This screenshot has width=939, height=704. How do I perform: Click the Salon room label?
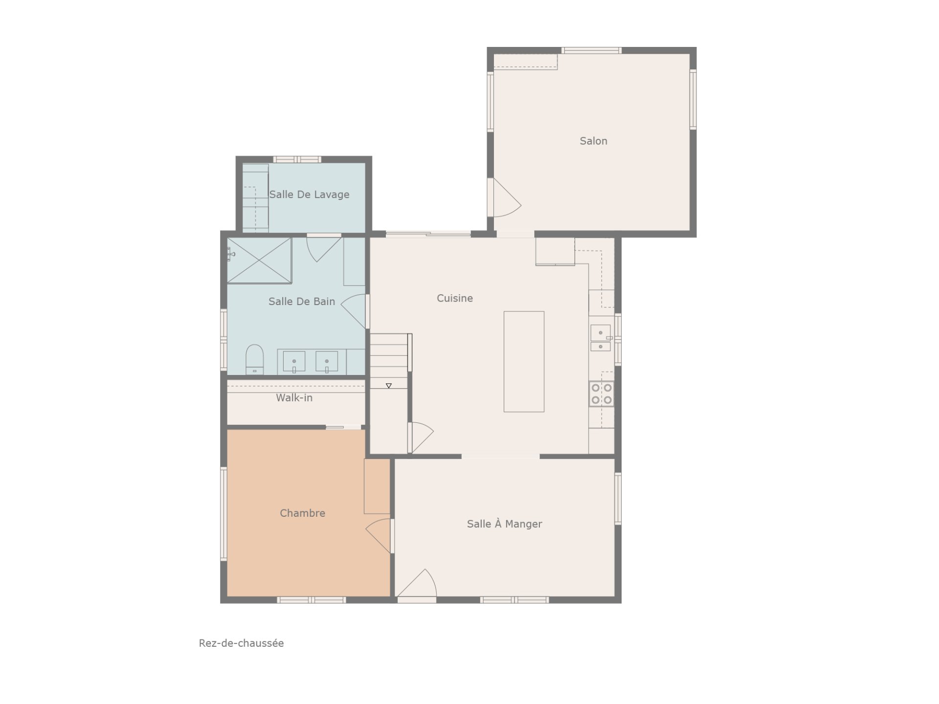click(x=593, y=141)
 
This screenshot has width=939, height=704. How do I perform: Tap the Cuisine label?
click(x=455, y=298)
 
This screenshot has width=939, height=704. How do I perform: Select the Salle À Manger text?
click(x=504, y=524)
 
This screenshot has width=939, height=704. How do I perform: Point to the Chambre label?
click(x=302, y=513)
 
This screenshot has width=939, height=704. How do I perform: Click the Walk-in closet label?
click(x=294, y=398)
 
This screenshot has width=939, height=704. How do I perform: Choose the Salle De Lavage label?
click(x=309, y=195)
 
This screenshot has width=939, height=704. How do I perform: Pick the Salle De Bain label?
click(x=302, y=302)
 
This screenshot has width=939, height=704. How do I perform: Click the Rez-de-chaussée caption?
click(x=241, y=643)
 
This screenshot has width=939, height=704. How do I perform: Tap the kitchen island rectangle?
click(x=524, y=362)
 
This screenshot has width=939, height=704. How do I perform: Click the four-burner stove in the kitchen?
click(x=602, y=394)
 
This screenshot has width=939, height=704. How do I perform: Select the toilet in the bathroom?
click(x=254, y=360)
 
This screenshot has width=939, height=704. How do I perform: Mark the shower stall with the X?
click(x=259, y=261)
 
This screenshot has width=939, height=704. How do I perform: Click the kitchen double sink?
click(x=601, y=338)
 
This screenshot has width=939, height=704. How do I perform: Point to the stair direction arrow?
click(x=389, y=386)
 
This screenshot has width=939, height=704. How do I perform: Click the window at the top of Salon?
click(x=591, y=50)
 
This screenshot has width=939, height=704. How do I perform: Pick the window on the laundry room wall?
click(x=297, y=159)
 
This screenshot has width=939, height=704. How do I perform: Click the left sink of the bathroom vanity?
click(x=294, y=362)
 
